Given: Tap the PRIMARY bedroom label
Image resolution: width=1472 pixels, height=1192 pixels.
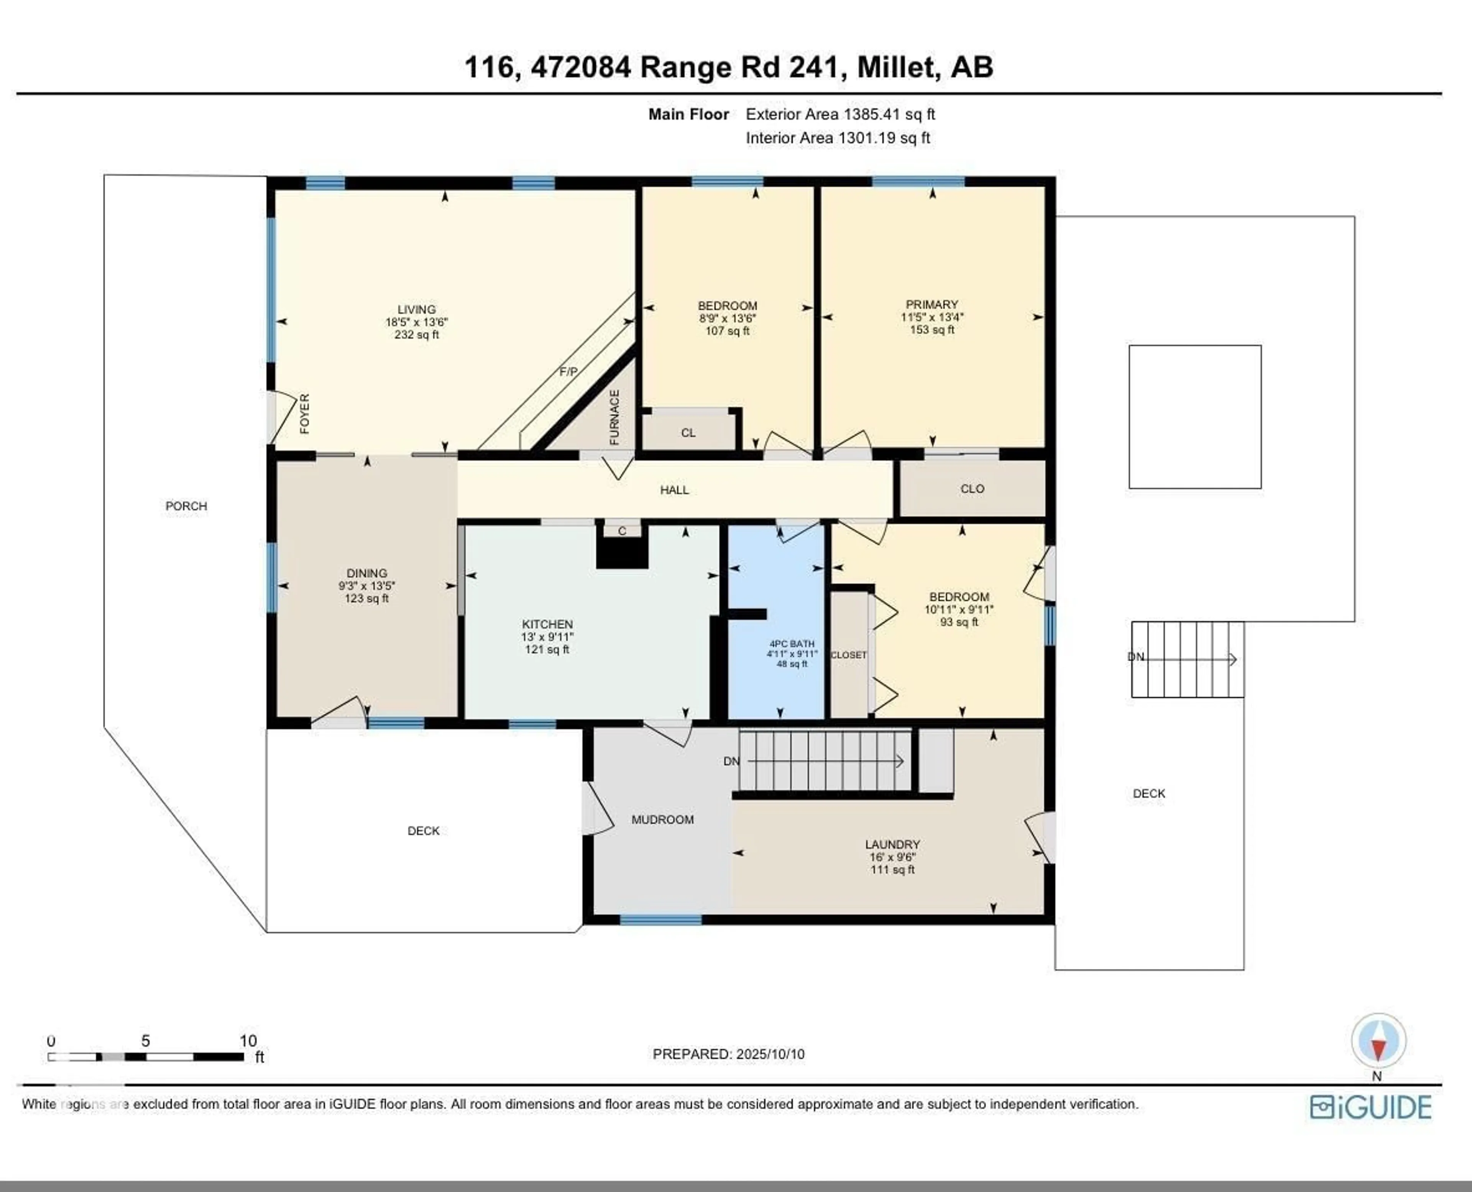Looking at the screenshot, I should coord(932,304).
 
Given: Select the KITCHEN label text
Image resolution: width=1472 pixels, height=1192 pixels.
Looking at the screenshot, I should coord(547,624).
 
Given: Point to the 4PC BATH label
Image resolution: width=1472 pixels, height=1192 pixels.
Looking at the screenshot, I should coord(792,644).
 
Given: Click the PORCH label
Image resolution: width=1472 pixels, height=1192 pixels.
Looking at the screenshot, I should coord(186,506).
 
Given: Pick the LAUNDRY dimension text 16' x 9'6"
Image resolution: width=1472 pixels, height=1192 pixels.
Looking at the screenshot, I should coord(892,857).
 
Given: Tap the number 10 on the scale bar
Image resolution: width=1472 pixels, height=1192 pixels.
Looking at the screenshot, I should coord(248,1041).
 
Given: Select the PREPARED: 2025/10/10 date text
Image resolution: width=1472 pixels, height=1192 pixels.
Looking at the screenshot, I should coord(728,1054).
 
